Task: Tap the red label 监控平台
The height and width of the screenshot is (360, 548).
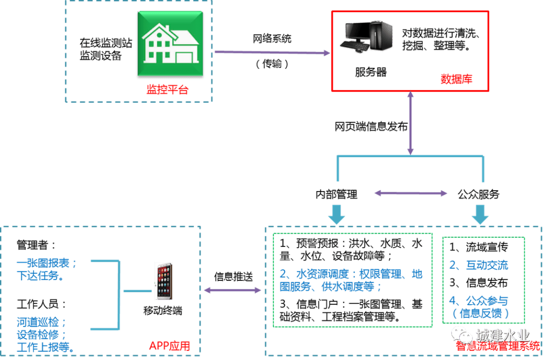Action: [x=167, y=90]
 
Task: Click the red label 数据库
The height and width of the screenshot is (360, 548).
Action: [x=456, y=79]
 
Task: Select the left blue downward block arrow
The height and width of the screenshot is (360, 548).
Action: [x=336, y=213]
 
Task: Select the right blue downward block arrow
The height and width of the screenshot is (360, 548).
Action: [x=480, y=213]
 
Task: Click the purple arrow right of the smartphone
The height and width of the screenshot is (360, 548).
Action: [x=232, y=290]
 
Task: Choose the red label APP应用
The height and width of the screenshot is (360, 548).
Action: [x=169, y=346]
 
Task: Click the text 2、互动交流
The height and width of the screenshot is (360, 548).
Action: [x=478, y=265]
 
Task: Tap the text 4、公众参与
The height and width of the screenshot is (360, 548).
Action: [x=478, y=300]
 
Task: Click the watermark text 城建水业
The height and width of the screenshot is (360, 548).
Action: [x=502, y=335]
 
